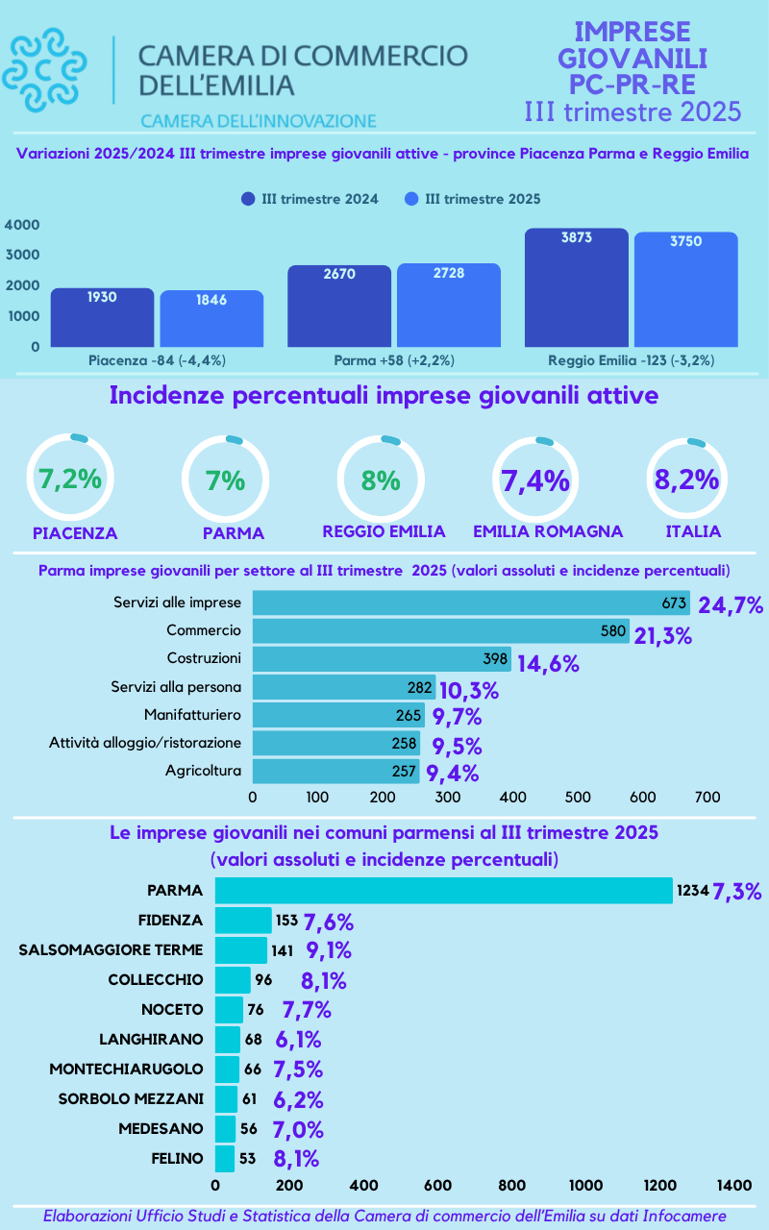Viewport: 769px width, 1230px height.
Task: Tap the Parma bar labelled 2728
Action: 449,305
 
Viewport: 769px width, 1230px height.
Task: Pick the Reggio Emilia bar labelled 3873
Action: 577,287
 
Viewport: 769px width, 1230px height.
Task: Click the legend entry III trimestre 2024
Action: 310,199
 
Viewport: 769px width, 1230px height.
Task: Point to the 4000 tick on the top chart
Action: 22,225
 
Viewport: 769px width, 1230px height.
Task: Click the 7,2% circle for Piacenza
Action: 69,479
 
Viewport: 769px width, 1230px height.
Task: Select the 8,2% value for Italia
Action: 687,479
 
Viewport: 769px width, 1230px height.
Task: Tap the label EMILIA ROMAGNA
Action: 548,531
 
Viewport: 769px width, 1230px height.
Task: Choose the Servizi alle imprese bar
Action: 471,603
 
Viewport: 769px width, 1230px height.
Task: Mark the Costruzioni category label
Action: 203,658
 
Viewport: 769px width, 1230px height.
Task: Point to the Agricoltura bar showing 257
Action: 335,771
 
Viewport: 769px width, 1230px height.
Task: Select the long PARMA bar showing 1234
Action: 443,891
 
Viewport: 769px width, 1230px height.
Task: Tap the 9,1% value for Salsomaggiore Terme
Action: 329,950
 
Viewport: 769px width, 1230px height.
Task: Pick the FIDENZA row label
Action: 171,920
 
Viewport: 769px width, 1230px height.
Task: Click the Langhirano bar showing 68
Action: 228,1039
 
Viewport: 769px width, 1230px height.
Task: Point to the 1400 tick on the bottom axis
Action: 734,1186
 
